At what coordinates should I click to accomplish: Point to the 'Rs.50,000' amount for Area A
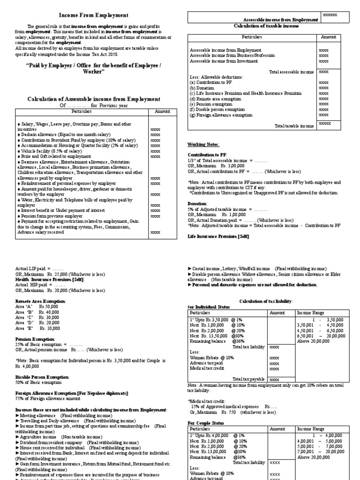49,306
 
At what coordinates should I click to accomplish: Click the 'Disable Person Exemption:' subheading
43,377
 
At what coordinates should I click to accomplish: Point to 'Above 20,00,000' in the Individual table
313,341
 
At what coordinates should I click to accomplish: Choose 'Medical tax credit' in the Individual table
205,368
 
